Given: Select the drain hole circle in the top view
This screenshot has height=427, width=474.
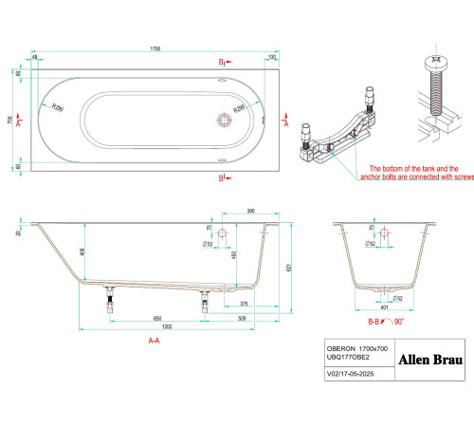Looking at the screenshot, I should (226, 121).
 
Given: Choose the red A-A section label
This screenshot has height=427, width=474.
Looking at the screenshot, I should (154, 340).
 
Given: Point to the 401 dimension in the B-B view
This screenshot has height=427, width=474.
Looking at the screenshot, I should (383, 307).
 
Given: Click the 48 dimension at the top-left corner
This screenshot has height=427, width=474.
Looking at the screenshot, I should (35, 57).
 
